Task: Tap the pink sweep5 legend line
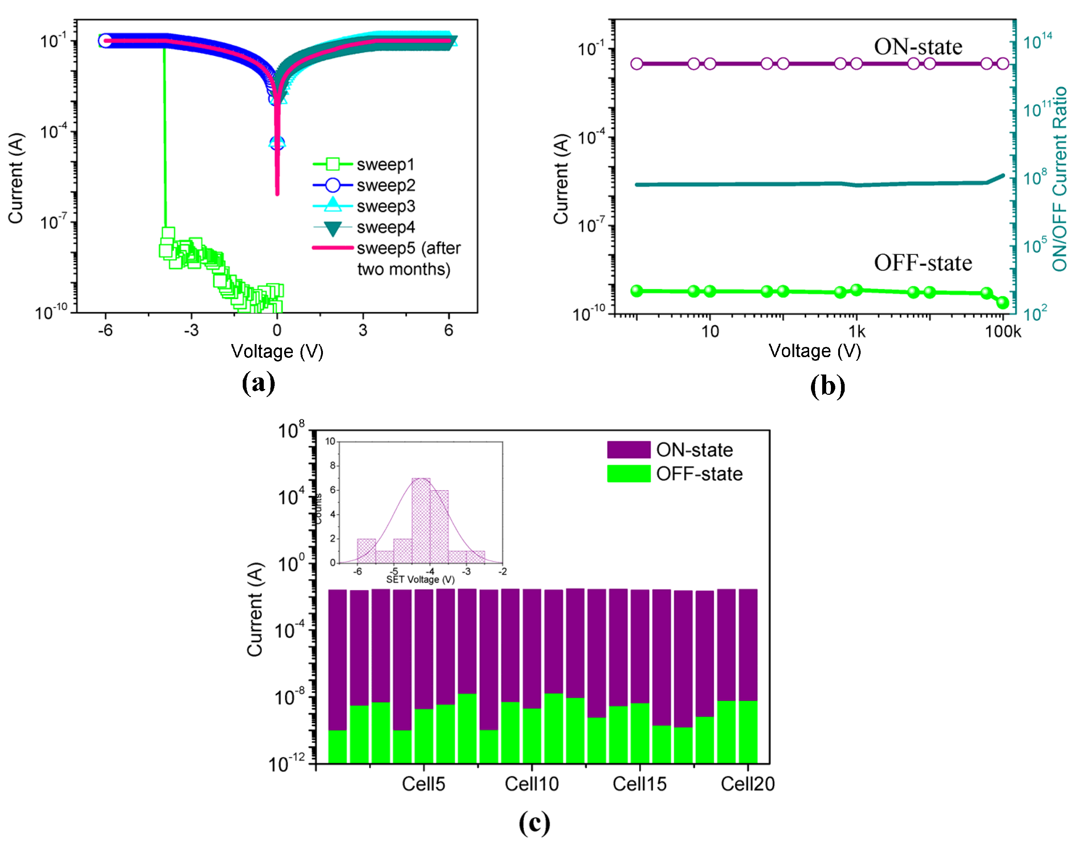[333, 248]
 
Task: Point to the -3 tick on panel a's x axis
[191, 330]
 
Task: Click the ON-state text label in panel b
[918, 47]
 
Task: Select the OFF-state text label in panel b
[923, 263]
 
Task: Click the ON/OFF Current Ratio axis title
[1059, 179]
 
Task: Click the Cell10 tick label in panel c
[532, 784]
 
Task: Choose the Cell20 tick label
[747, 784]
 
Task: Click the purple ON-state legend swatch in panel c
[628, 450]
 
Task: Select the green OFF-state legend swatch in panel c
[628, 473]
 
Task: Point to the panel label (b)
[827, 386]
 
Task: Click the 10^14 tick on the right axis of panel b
[1037, 41]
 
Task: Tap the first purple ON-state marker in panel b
[637, 64]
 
